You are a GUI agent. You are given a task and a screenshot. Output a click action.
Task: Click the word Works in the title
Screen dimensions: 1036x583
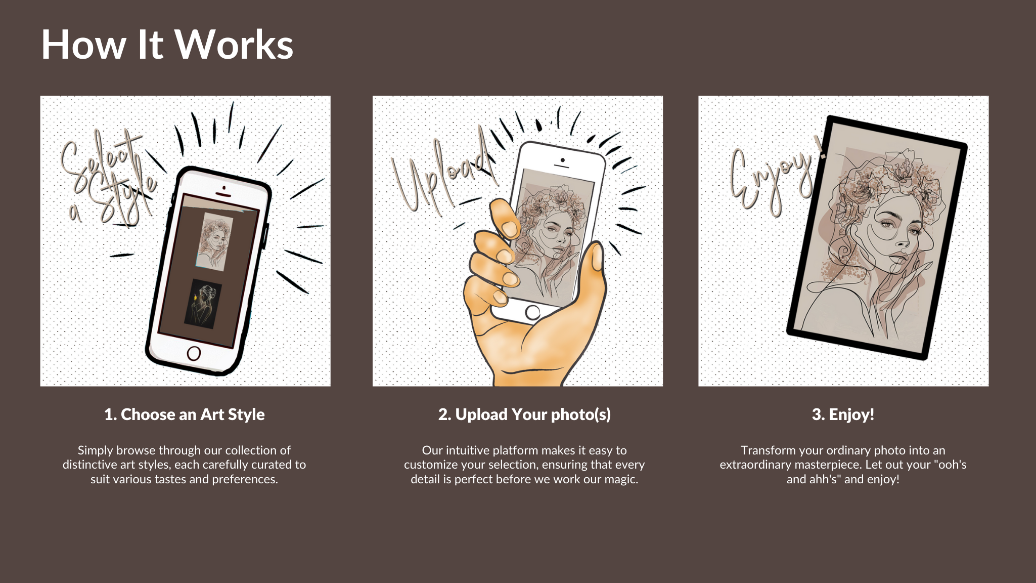tap(234, 45)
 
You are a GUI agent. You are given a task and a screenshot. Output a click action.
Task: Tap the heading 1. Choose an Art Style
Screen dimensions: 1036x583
tap(185, 414)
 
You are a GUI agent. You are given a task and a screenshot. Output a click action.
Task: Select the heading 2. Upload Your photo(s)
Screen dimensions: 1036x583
tap(524, 414)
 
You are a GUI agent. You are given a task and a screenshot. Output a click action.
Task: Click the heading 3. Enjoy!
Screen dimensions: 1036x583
tap(843, 414)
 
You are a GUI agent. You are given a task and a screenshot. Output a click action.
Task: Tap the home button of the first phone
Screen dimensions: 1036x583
tap(194, 353)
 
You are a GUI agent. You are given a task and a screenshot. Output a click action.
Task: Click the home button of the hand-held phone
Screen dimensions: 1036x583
tap(532, 313)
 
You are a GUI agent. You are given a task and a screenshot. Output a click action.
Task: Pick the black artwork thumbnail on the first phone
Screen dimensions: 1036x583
tap(203, 304)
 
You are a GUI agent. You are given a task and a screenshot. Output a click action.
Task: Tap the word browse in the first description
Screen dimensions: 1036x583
tap(136, 450)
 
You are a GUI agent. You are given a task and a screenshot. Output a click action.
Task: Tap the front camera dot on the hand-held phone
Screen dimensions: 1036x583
tap(563, 160)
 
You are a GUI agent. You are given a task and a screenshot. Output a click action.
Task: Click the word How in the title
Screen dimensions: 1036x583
tap(83, 45)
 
